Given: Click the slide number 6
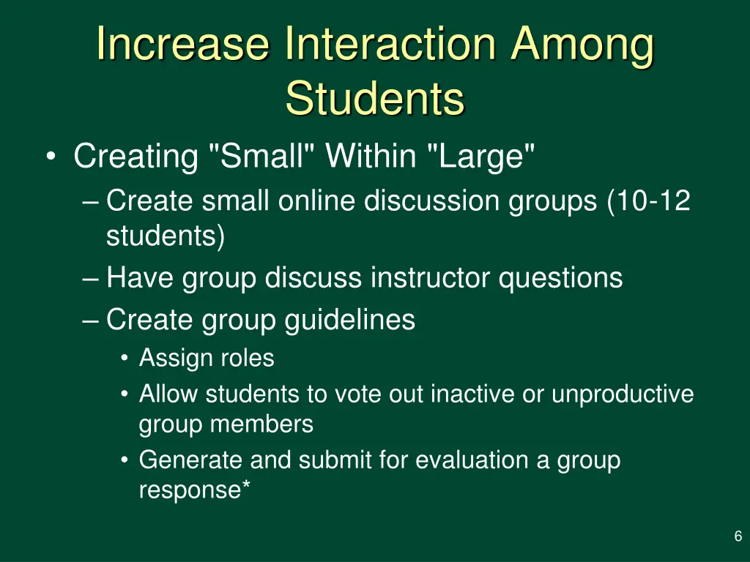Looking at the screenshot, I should (x=738, y=536).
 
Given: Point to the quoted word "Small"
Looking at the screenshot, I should (x=262, y=157).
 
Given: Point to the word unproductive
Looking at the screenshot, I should (x=622, y=394).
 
